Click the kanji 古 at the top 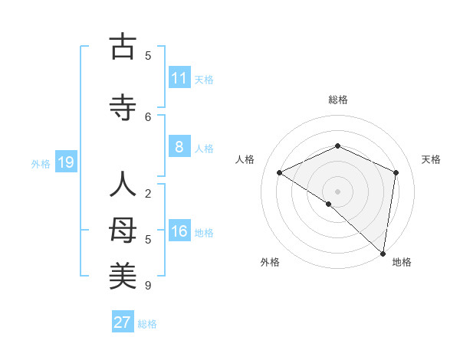[x=123, y=47]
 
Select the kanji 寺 [x=123, y=108]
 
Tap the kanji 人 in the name [x=123, y=186]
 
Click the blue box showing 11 [x=179, y=78]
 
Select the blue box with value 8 [x=179, y=147]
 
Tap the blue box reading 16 [x=179, y=232]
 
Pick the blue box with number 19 [x=65, y=162]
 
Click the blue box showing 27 [x=123, y=322]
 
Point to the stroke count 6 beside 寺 [x=148, y=116]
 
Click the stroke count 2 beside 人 [x=148, y=194]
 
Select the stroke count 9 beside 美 [x=148, y=286]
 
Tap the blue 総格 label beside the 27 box [x=147, y=324]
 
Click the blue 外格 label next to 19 [x=41, y=163]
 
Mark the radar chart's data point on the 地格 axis [x=383, y=253]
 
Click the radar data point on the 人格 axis [x=280, y=172]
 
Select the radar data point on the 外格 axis [x=329, y=204]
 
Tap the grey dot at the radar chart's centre [x=337, y=191]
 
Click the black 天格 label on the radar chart [x=431, y=159]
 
